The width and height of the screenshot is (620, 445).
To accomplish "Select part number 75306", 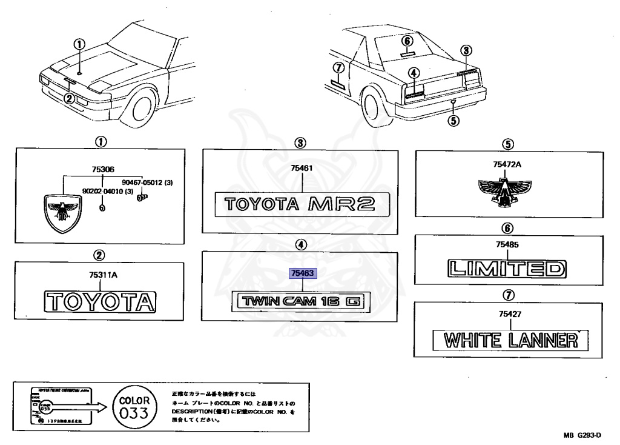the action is click(102, 170).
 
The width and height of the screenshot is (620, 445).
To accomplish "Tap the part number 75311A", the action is click(101, 275).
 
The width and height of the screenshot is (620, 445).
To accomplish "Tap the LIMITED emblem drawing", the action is click(505, 268).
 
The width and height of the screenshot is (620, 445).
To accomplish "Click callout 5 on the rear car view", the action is click(453, 119).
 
